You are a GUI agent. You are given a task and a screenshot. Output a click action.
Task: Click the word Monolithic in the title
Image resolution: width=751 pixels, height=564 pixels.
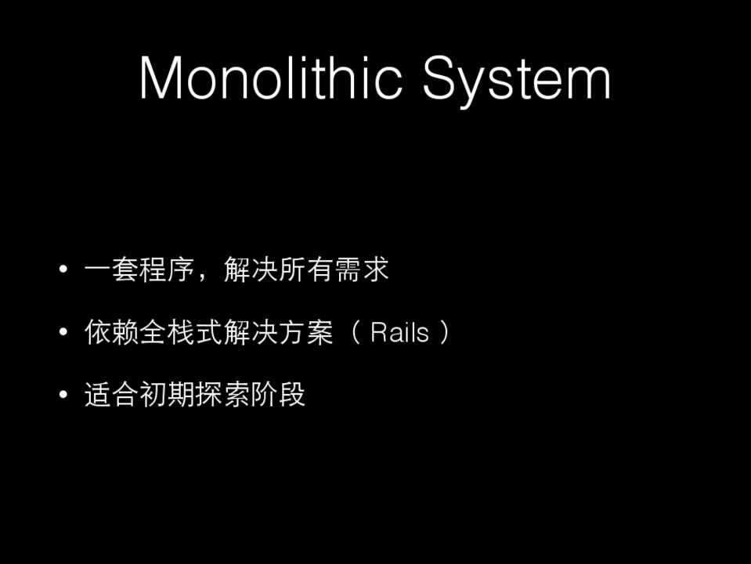tap(270, 77)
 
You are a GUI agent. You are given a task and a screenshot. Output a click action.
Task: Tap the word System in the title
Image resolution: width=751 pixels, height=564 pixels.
tap(516, 81)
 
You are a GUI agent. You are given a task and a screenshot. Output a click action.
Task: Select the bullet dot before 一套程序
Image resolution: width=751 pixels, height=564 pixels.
tap(63, 269)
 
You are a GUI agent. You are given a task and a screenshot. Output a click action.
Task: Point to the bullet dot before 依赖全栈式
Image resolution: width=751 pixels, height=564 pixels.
tap(63, 331)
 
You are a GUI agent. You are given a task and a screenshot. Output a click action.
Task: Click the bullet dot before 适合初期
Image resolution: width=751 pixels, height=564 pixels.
tap(63, 394)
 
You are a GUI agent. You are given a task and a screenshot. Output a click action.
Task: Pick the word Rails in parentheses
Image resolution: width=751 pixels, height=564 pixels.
tap(399, 333)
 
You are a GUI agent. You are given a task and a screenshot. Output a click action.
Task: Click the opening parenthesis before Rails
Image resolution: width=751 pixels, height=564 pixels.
tap(356, 332)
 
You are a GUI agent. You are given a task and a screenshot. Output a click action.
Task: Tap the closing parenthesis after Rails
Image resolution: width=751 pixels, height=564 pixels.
tap(445, 332)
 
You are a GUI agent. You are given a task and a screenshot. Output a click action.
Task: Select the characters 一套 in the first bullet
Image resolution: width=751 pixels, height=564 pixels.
tap(112, 269)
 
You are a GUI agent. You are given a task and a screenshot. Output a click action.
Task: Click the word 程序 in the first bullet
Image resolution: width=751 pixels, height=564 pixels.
tap(167, 269)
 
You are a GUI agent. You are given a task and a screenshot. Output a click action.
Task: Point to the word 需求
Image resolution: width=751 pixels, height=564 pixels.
tap(362, 269)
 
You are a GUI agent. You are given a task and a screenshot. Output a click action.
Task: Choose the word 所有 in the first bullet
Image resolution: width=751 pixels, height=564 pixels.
tap(306, 269)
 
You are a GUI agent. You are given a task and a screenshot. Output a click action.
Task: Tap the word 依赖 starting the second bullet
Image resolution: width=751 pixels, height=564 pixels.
tap(112, 332)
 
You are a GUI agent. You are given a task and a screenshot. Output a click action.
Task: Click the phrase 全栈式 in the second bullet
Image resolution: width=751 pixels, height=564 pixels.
tap(181, 332)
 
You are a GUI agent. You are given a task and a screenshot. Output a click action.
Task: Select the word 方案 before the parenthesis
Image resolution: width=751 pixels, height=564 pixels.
tap(306, 332)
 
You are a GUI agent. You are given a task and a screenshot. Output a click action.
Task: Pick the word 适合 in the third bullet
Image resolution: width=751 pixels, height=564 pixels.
tap(112, 395)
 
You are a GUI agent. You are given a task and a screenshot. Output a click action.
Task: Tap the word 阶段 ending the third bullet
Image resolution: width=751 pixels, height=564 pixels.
tap(278, 395)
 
